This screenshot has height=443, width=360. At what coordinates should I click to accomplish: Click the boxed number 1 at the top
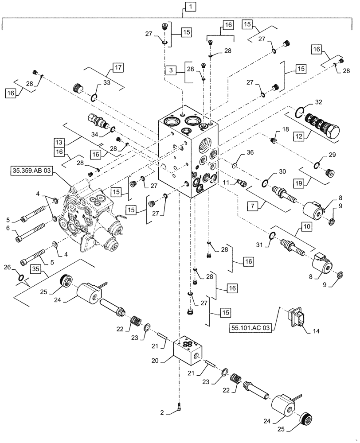pos(188,7)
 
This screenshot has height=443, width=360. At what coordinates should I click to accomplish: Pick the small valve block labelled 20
pos(188,348)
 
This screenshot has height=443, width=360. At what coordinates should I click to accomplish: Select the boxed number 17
pos(117,68)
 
